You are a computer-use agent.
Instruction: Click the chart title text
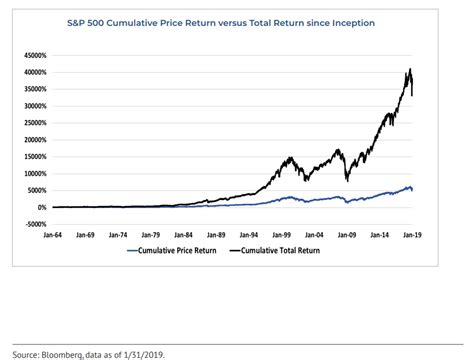[236, 22]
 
